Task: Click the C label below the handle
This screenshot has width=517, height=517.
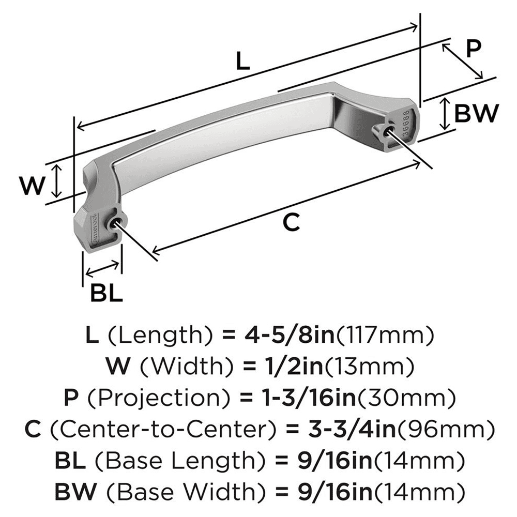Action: click(x=291, y=222)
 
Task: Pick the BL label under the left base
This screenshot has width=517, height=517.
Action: click(x=106, y=294)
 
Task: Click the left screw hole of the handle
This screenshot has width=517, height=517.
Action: click(x=116, y=222)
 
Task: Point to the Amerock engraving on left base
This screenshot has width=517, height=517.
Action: click(x=95, y=226)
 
